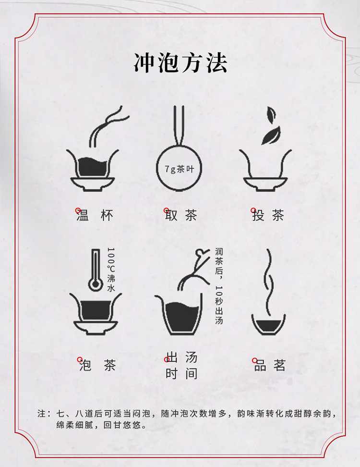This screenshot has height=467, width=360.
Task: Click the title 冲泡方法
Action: click(180, 63)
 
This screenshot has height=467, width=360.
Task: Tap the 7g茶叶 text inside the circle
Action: click(180, 169)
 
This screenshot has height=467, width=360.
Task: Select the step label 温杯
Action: click(95, 215)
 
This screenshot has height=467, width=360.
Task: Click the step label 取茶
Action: click(181, 215)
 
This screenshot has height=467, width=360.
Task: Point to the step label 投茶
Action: click(268, 215)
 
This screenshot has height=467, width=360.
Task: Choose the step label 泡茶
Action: click(97, 365)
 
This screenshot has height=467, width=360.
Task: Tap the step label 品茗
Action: click(270, 365)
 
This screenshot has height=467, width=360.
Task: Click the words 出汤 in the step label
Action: click(181, 357)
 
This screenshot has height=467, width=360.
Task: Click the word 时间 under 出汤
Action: click(181, 373)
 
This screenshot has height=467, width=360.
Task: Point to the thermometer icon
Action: click(95, 270)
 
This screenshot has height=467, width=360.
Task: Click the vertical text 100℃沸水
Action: click(111, 269)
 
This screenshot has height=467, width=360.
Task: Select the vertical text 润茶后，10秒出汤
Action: click(219, 286)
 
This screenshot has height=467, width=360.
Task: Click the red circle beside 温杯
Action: click(78, 210)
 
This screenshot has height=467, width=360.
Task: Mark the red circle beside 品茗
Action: click(255, 360)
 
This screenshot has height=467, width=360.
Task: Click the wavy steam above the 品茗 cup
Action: click(269, 282)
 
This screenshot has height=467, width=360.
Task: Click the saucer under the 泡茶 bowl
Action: click(96, 328)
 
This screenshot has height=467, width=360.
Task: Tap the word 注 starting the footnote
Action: click(42, 413)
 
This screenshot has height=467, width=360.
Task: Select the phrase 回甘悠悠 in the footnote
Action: click(122, 425)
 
